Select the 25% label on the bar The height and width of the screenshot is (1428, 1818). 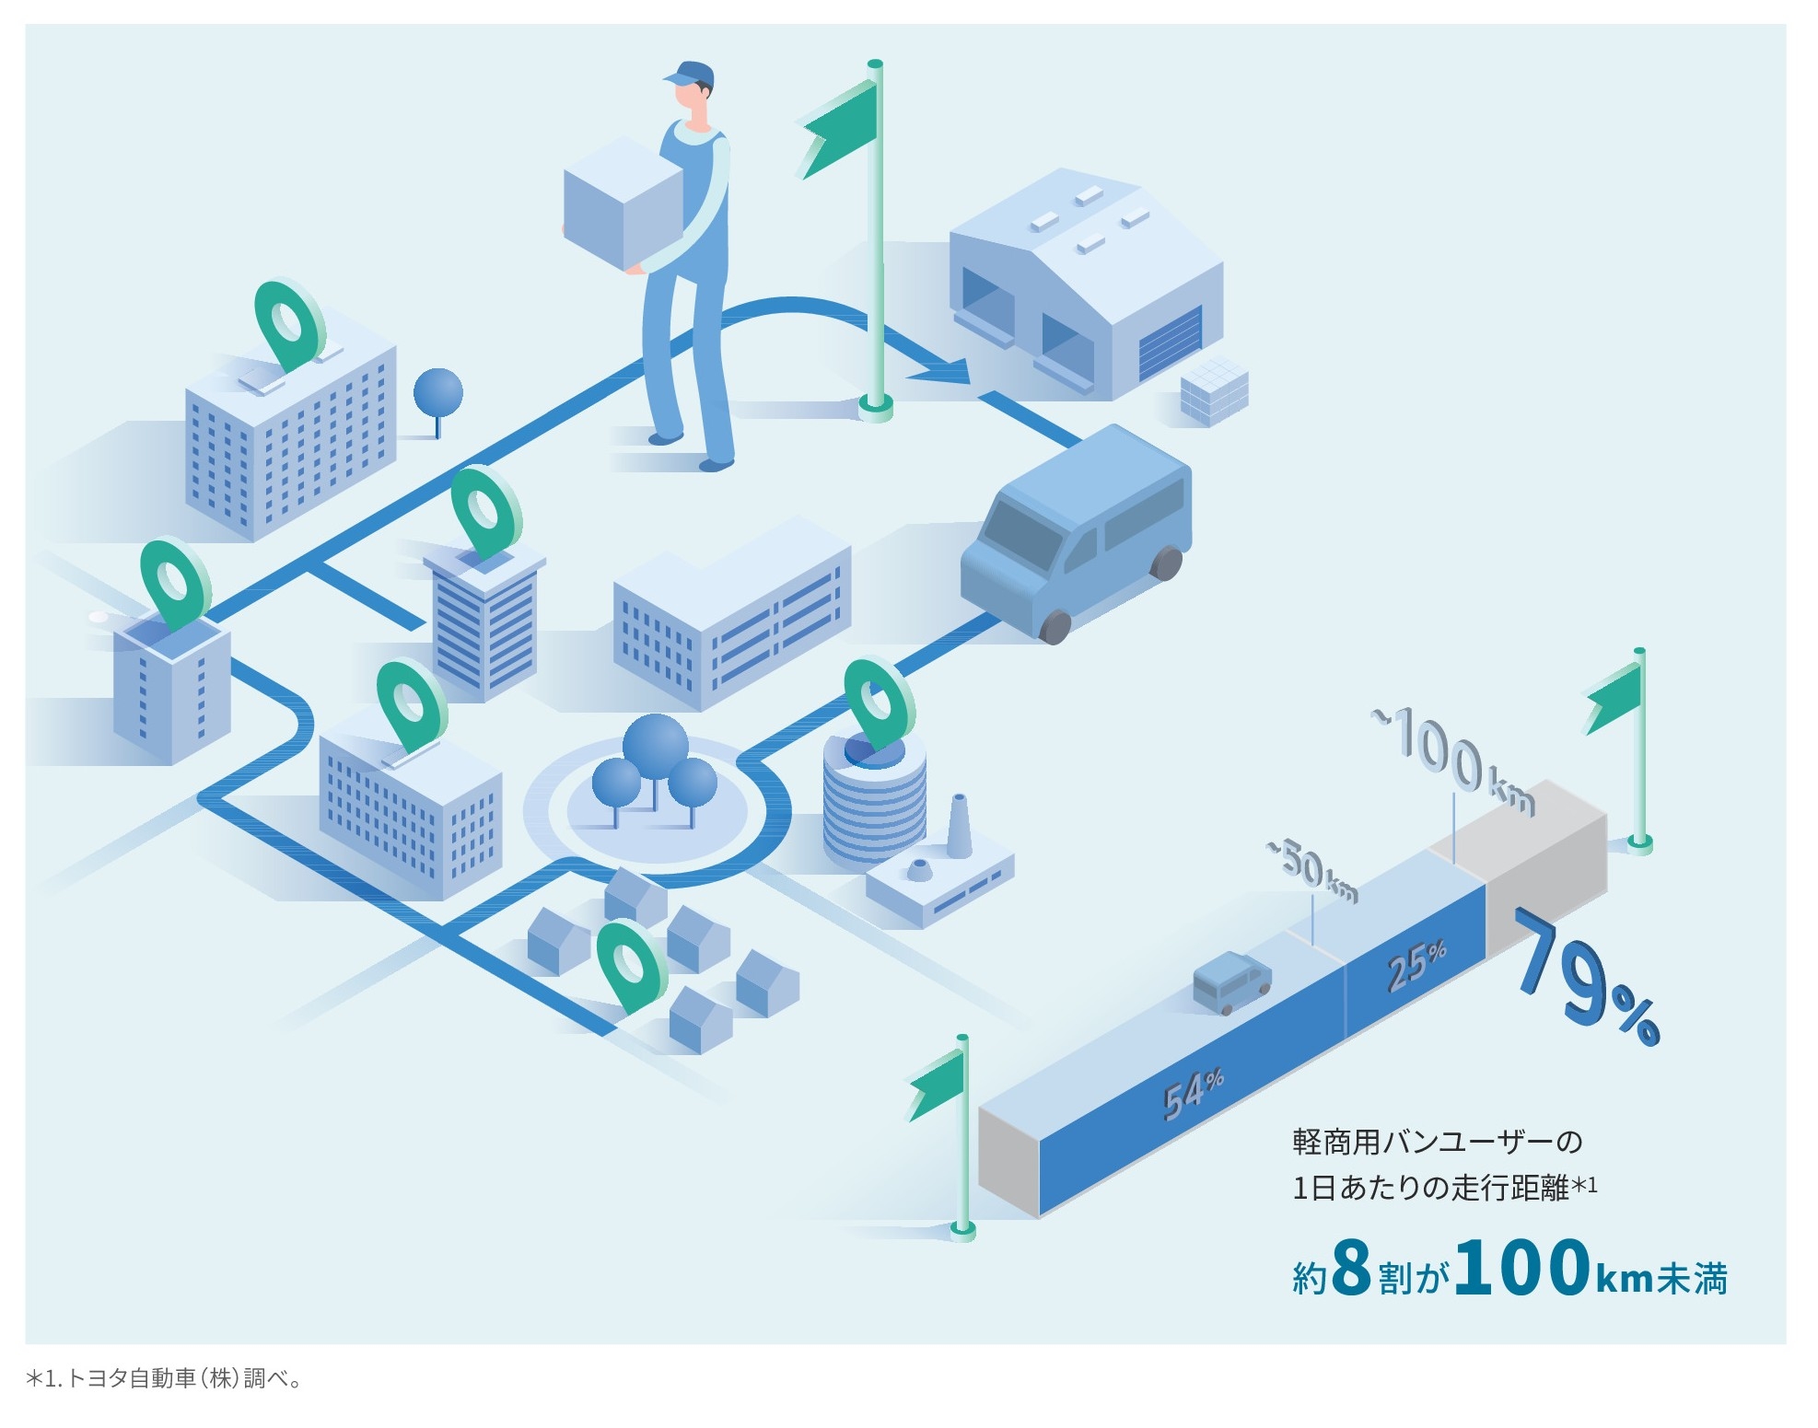1416,965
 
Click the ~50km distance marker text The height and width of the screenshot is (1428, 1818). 1311,869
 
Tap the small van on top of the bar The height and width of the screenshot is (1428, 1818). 1231,982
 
